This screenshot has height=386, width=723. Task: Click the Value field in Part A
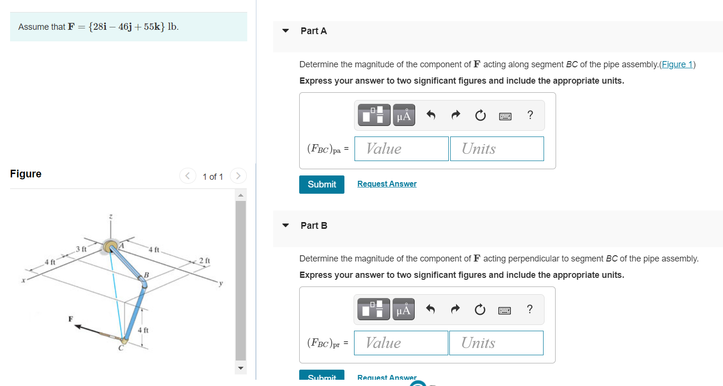coord(401,149)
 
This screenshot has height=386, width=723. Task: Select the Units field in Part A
coord(497,149)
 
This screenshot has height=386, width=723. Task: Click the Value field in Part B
coord(401,343)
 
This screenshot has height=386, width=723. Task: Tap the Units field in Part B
coord(496,343)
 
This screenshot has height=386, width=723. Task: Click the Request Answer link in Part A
coord(387,184)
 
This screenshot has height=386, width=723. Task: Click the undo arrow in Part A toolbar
coord(431,115)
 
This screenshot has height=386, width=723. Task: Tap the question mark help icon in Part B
coord(530,309)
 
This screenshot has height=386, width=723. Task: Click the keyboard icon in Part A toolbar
coord(505,116)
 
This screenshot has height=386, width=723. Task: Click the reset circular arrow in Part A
coord(480,115)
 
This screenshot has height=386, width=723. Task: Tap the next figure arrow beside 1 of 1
coord(238,176)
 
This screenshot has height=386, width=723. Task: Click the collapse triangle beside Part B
coord(286,225)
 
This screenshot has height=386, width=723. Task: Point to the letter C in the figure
coord(121,349)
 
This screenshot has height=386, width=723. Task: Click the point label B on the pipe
coord(147,275)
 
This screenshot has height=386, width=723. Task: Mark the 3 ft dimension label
coord(81,249)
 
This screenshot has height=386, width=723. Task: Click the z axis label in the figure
coord(111,218)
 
